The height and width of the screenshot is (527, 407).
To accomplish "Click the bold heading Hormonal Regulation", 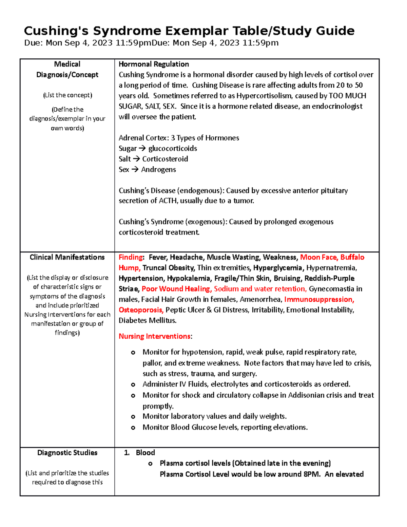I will pos(154,64).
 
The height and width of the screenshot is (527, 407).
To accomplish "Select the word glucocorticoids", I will pos(173,148).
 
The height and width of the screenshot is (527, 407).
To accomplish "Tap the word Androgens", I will pos(158,169).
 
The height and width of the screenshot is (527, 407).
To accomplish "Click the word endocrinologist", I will pos(337,106).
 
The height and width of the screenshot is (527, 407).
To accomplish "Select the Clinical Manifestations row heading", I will pos(67,257).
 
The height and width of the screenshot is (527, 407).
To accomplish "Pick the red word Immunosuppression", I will pos(319,299).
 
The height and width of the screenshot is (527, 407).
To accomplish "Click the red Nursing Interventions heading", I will pos(155,336).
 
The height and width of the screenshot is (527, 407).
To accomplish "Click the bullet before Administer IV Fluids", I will pos(133,384).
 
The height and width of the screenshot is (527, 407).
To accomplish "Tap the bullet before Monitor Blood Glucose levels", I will pos(133,428).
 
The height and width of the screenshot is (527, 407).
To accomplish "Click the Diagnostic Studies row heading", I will pos(67,453).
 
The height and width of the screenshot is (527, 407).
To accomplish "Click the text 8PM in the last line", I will pos(311,474).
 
